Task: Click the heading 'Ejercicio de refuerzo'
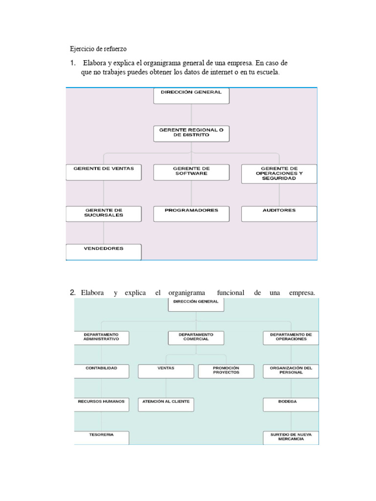pos(98,49)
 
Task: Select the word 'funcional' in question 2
pos(227,293)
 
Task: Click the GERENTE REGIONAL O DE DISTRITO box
pos(191,134)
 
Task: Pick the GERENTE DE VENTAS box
pos(103,172)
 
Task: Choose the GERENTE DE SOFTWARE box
pos(191,172)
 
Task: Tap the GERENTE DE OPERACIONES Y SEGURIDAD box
pos(279,174)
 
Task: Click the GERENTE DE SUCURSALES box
pos(103,213)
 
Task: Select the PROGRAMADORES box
pos(191,213)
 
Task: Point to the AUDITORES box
pos(279,213)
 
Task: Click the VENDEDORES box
pos(103,251)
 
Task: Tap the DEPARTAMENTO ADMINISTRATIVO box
pos(101,338)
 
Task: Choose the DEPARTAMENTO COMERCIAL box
pos(196,338)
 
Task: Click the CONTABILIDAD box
pos(101,371)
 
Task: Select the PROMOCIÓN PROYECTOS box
pos(226,371)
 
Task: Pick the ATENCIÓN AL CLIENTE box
pos(166,404)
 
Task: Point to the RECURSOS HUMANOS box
pos(101,404)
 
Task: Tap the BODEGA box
pos(291,404)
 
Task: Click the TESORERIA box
pos(101,437)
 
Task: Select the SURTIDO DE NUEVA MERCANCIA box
pos(291,437)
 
